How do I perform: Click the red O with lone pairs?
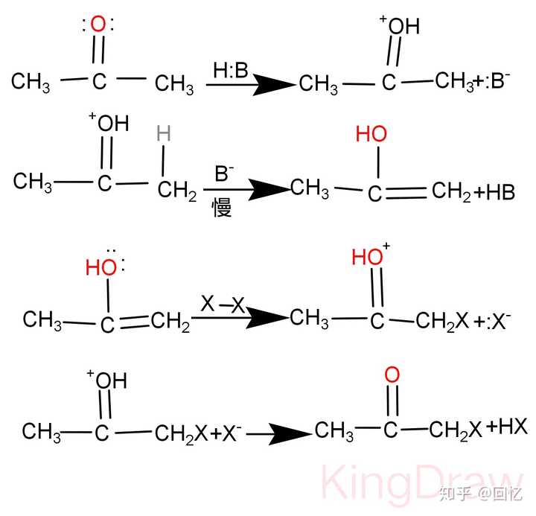point(98,25)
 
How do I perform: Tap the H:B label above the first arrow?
point(230,70)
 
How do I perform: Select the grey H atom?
point(163,133)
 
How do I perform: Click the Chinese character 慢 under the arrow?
point(222,208)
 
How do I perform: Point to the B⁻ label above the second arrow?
point(224,173)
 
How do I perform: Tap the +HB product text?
point(494,192)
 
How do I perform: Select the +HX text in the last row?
point(507,427)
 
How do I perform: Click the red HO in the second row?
point(371,134)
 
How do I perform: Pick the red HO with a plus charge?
point(371,255)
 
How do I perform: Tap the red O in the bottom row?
point(392,375)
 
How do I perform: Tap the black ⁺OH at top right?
point(399,25)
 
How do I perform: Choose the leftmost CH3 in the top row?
point(31,82)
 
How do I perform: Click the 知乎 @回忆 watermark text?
point(481,494)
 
